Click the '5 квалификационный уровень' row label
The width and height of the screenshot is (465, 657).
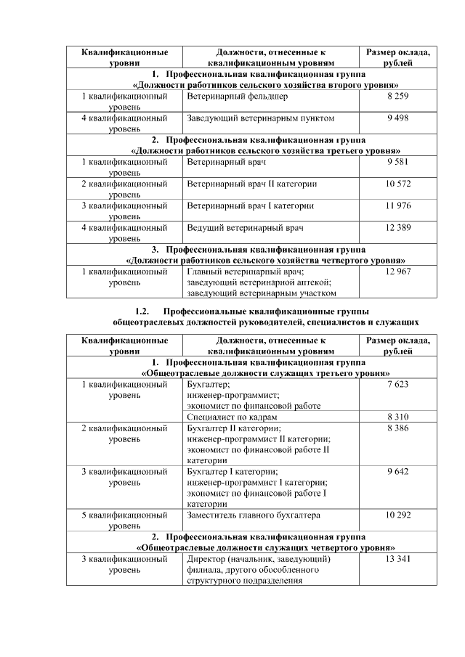pos(124,520)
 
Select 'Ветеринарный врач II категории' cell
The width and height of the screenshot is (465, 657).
pos(251,184)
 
